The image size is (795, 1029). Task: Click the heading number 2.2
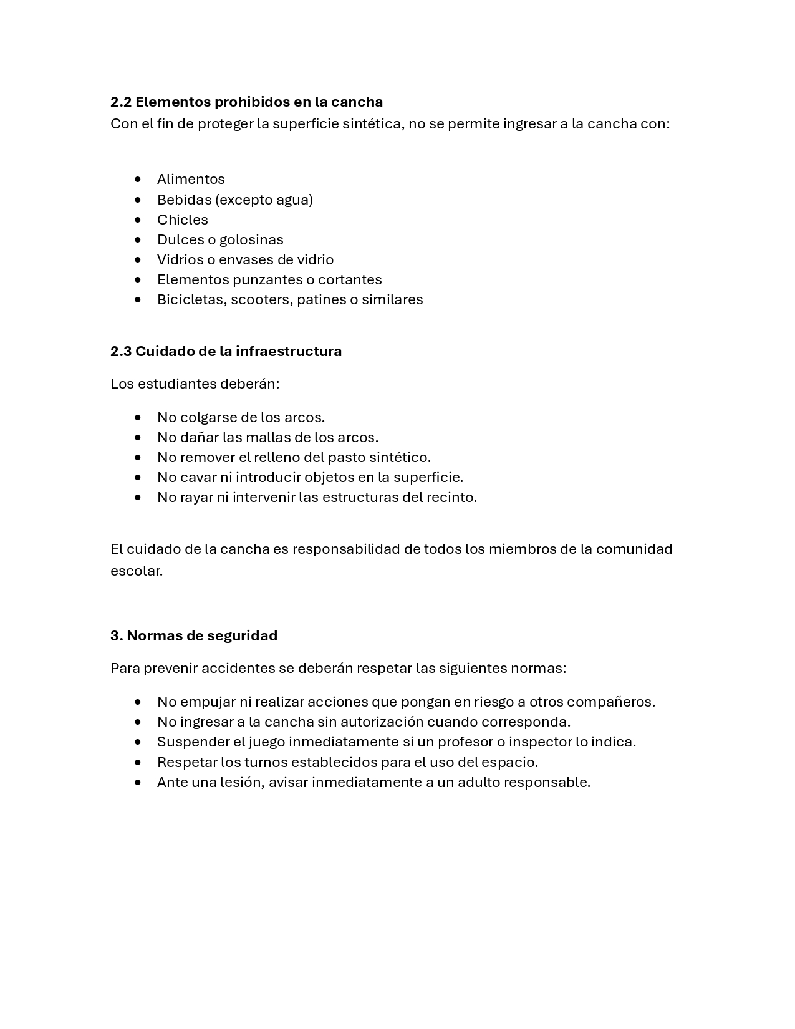tap(121, 102)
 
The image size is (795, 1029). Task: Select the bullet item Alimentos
tap(191, 180)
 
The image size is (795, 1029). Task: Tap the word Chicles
tap(182, 220)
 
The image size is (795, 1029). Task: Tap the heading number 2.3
tap(121, 351)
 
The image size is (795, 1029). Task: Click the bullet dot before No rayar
tap(138, 498)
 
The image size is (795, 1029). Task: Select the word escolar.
tap(136, 571)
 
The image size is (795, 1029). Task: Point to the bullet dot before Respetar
tap(138, 762)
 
